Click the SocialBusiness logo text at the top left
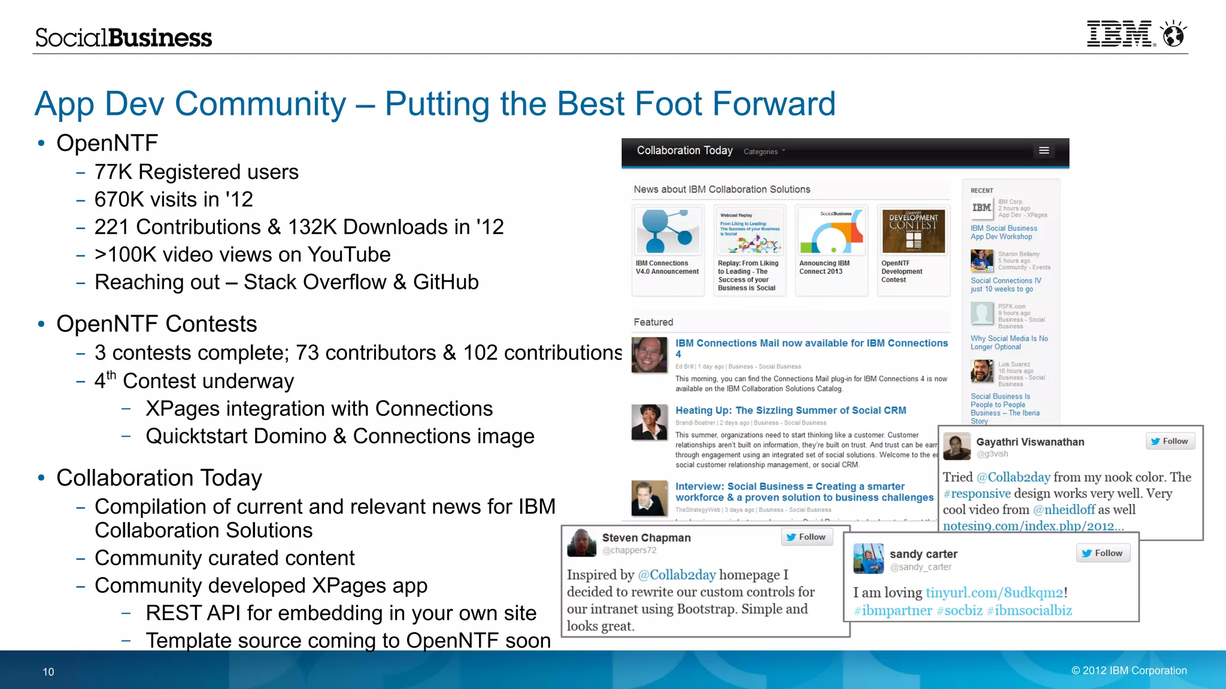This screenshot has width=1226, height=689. point(123,38)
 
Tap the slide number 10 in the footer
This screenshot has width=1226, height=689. point(48,672)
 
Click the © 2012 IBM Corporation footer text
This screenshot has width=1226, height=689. point(1129,670)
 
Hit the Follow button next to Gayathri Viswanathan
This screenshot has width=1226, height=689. point(1169,441)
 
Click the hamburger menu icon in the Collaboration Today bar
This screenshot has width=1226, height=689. point(1044,151)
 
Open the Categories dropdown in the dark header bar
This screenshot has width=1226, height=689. point(764,152)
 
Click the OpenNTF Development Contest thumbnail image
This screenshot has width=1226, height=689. point(913,231)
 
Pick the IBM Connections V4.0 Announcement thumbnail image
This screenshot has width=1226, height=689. point(667,231)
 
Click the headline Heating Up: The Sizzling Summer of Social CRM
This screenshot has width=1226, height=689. point(790,410)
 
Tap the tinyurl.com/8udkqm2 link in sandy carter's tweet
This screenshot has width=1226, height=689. point(994,593)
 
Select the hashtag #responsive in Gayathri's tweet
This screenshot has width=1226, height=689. point(977,493)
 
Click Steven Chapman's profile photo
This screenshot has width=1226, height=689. point(581,543)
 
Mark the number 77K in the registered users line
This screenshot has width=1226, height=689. point(113,172)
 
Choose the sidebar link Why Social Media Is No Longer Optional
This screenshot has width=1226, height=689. point(1009,343)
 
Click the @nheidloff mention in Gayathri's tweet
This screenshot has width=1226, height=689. point(1064,510)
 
